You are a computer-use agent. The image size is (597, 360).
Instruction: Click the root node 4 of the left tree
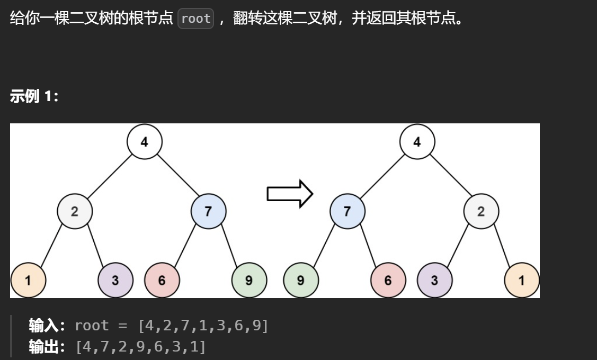tap(145, 142)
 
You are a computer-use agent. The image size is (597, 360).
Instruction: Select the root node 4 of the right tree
tap(417, 142)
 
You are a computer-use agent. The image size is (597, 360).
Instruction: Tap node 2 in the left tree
tap(75, 212)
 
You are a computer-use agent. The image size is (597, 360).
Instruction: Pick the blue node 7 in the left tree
tap(208, 212)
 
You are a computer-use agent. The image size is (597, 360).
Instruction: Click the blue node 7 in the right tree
tap(347, 212)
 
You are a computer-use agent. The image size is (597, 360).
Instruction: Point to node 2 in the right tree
tap(481, 212)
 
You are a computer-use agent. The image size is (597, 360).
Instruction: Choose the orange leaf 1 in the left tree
tap(28, 281)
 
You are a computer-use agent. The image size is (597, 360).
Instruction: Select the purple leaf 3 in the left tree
tap(115, 281)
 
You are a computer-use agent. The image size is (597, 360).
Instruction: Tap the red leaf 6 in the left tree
tap(162, 281)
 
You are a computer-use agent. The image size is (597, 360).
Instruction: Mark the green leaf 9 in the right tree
tap(301, 281)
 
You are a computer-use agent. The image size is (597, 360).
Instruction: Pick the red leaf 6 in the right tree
tap(388, 281)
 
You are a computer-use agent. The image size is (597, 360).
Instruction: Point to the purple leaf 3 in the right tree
tap(435, 281)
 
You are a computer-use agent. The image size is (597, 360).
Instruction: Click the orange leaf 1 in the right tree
tap(522, 281)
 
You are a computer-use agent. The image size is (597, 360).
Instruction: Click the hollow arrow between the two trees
tap(290, 194)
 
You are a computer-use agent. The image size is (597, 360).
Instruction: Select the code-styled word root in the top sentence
tap(195, 19)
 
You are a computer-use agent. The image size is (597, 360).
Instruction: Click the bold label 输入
tap(46, 326)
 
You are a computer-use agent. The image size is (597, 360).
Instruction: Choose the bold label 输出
tap(46, 347)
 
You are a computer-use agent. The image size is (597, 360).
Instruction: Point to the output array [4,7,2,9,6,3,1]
tap(140, 347)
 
